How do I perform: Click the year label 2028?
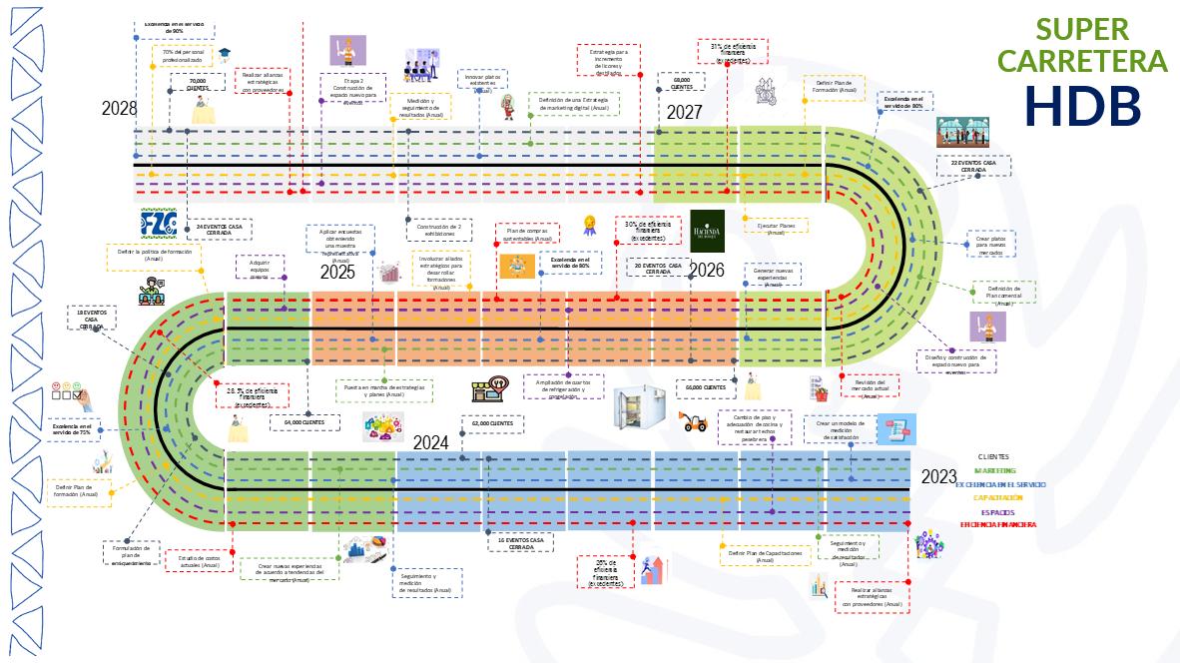(x=119, y=109)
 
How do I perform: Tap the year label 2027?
(x=685, y=112)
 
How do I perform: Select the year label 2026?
(x=706, y=270)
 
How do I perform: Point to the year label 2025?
(x=338, y=272)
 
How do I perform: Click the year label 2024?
(x=431, y=442)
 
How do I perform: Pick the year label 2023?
(x=938, y=476)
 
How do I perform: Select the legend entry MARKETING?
(x=994, y=470)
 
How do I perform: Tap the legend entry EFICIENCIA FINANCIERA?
(x=997, y=524)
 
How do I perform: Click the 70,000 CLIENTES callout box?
(x=197, y=84)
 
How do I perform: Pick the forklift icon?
(x=693, y=420)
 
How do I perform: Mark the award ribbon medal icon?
(x=590, y=225)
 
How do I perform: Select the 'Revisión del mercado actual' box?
(x=869, y=386)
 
